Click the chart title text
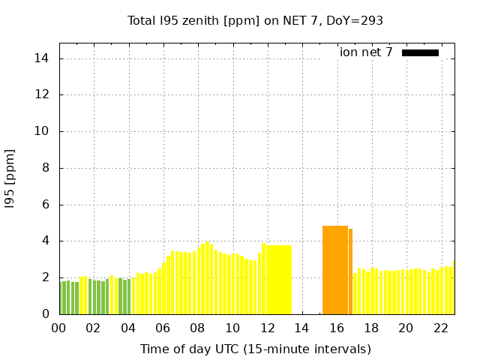point(255,21)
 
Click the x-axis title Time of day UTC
point(255,349)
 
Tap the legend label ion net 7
point(366,52)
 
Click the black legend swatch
point(420,52)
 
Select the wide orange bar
point(335,270)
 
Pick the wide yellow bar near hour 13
point(279,280)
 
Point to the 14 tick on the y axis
point(43,58)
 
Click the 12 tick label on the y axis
point(43,95)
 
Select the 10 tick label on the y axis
point(43,131)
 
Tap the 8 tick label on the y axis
point(46,168)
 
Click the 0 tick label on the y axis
point(46,314)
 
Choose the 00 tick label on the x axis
point(59,328)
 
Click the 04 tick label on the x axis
point(128,328)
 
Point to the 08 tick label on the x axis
point(198,328)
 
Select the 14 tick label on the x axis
point(301,328)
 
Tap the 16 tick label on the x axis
point(336,328)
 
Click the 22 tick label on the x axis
point(440,328)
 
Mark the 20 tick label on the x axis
point(406,328)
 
